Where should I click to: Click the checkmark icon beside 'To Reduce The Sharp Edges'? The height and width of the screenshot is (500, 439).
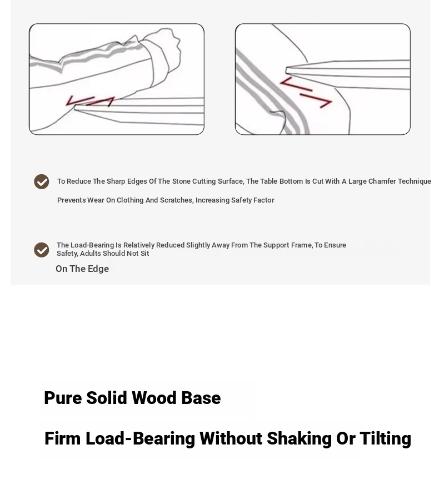coord(42,181)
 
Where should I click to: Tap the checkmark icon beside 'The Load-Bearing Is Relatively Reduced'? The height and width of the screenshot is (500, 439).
coord(42,250)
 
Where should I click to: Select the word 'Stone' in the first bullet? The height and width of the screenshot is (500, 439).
coord(181,181)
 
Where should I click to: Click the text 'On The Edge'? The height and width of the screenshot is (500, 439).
coord(82,269)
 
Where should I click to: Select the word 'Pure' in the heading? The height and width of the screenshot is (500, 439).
coord(63,398)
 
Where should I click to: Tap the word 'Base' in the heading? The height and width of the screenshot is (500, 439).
coord(201,398)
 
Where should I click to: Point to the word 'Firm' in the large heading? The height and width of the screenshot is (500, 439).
coord(63,438)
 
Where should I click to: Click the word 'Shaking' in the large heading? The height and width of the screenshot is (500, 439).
coord(299,438)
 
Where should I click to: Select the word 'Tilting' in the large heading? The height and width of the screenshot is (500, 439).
coord(385,438)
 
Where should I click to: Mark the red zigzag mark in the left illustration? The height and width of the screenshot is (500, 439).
coord(90,101)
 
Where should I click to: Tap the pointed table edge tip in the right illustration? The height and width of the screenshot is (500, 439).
coord(286,70)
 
